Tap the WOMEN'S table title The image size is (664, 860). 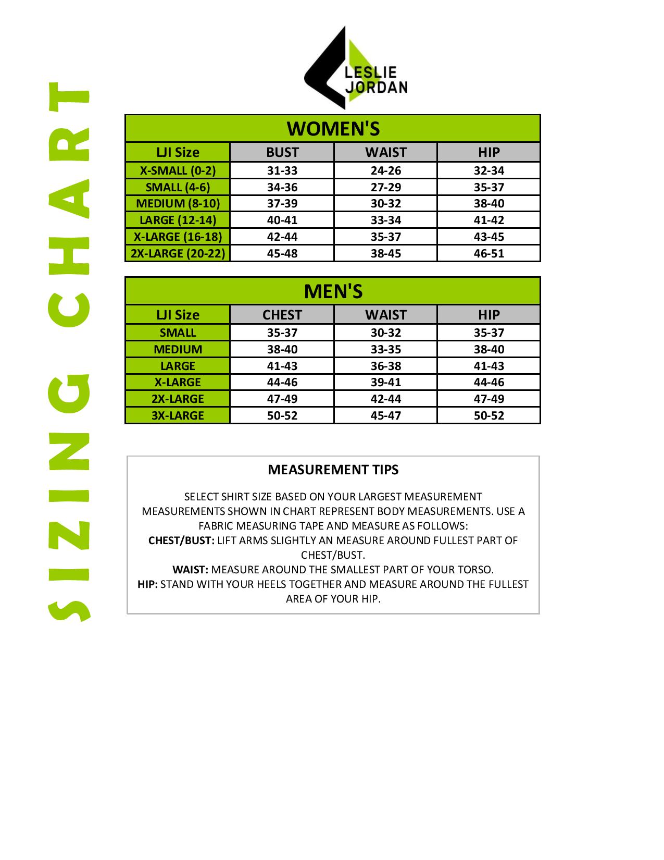333,129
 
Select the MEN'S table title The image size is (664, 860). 333,291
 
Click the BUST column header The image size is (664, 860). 282,152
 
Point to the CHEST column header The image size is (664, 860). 282,315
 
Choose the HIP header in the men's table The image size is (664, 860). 488,315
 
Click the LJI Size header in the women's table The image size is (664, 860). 178,152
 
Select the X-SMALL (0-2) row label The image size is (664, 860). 178,170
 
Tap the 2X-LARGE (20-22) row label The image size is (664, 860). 178,253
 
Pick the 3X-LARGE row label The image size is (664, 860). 178,415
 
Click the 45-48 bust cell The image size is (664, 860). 282,253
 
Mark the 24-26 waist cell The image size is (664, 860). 386,170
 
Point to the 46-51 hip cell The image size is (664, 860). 488,253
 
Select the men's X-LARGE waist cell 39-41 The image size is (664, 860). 386,382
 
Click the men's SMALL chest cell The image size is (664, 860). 282,333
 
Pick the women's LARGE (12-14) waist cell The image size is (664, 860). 386,220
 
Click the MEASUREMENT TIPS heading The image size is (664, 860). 333,470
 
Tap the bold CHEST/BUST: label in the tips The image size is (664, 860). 181,540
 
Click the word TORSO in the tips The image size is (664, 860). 474,570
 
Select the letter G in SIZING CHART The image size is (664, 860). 70,396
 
